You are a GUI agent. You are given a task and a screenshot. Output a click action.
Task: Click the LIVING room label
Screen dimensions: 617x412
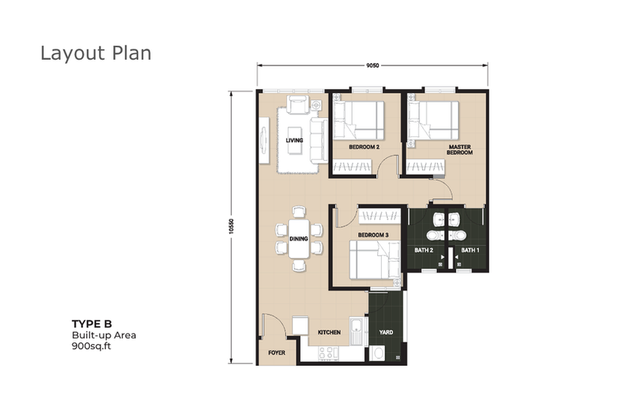coord(294,141)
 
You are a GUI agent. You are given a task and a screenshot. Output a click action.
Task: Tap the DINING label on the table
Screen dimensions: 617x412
coord(299,239)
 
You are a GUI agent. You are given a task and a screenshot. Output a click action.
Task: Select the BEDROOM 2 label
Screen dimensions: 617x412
coord(364,147)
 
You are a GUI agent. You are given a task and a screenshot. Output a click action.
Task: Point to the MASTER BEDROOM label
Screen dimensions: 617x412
coord(459,150)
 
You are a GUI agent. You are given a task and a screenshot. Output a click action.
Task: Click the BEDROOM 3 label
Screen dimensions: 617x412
coord(373,235)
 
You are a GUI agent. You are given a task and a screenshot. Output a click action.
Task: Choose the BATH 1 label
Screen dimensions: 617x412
coord(471,250)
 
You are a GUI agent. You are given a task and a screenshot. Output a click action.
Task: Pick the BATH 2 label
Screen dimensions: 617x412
coord(424,250)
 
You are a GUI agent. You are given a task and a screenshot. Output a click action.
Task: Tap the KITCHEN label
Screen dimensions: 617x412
coord(329,333)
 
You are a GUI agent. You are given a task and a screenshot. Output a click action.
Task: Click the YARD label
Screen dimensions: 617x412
coord(386,333)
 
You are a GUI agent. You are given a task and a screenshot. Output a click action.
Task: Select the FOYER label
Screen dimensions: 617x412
coord(276,353)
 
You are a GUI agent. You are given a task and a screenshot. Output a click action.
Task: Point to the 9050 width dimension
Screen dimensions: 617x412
coord(373,66)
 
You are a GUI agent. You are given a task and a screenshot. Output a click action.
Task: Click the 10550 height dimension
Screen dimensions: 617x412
coord(232,227)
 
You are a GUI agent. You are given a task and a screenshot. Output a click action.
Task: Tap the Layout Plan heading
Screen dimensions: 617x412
coord(96,54)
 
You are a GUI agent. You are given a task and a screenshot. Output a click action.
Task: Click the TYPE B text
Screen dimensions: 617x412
coord(92,325)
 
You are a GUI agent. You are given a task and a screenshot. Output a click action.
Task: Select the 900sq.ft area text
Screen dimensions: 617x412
coord(91,346)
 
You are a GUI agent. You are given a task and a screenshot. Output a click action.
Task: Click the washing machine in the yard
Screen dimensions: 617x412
coord(379,353)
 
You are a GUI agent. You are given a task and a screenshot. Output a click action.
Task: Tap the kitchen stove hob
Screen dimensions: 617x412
coord(329,354)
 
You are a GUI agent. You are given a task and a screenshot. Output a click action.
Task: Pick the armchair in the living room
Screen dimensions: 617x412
coord(298,105)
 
